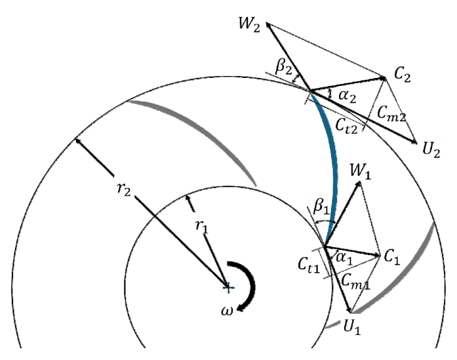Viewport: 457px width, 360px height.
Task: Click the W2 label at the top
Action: (x=248, y=30)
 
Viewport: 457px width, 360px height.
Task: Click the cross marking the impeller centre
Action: (x=228, y=287)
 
